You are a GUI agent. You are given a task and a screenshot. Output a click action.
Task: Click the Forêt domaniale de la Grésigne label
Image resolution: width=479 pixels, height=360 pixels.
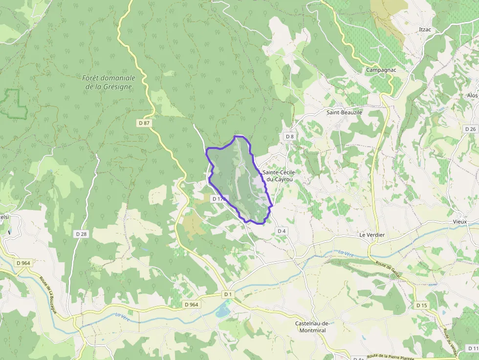click(109, 82)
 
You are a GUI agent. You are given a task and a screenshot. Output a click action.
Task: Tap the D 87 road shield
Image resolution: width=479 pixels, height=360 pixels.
click(144, 123)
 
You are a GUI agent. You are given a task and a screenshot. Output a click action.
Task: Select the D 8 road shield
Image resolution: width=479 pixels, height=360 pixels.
click(289, 136)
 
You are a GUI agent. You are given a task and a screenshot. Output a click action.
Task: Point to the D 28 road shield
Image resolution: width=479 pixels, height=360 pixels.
click(81, 234)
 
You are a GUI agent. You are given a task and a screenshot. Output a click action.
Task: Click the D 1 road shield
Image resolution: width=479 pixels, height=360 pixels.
click(228, 294)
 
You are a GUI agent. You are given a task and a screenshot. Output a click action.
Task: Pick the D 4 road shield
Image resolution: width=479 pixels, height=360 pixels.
click(281, 231)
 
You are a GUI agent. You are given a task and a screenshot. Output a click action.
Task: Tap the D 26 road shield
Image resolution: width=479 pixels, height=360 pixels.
click(470, 129)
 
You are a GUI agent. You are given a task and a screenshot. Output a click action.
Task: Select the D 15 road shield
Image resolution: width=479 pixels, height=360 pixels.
click(421, 305)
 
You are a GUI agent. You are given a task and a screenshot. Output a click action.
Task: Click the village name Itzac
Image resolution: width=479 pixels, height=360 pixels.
click(425, 30)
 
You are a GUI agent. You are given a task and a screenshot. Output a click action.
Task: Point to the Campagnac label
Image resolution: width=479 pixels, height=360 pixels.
click(381, 70)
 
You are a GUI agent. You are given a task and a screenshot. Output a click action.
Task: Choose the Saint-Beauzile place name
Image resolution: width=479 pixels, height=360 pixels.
click(345, 112)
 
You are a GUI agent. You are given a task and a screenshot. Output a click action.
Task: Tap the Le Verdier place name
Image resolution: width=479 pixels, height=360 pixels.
click(372, 235)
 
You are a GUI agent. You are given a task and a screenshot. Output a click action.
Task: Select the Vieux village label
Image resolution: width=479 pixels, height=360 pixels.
click(459, 222)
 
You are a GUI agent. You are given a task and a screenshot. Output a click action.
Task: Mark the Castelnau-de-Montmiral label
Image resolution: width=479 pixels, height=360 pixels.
click(310, 327)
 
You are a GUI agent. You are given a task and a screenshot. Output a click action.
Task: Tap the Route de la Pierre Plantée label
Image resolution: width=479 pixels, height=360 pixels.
click(394, 357)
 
